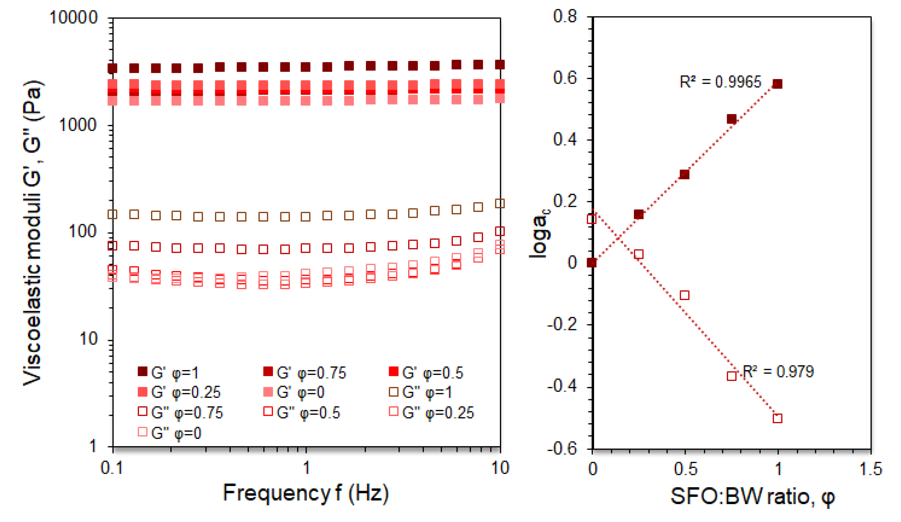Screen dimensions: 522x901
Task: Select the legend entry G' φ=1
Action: click(x=168, y=373)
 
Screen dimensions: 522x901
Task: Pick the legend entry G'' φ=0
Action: click(x=170, y=433)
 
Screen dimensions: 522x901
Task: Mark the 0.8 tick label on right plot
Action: click(x=565, y=16)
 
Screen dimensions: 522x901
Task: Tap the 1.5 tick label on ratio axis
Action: click(x=871, y=469)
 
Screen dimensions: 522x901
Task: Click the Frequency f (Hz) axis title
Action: click(x=306, y=493)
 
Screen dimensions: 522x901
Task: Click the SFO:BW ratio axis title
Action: click(x=753, y=497)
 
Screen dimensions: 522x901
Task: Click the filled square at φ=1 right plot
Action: click(x=777, y=84)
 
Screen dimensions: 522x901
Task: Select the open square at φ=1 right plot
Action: click(x=777, y=418)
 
